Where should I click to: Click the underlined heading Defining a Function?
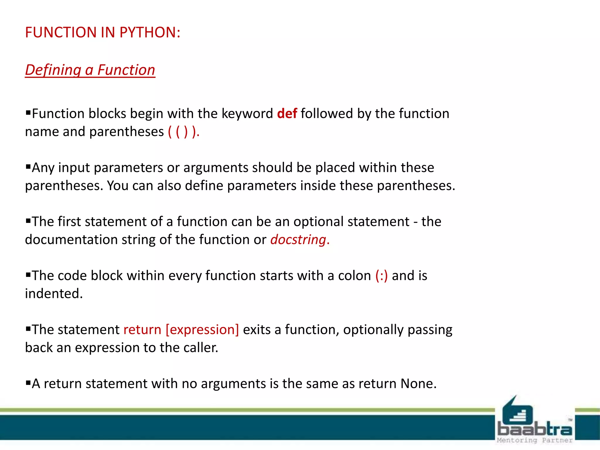point(90,70)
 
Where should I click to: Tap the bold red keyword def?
point(287,114)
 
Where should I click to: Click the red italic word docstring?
point(298,240)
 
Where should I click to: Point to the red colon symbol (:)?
point(381,276)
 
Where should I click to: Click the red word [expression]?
point(202,330)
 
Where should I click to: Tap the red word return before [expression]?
point(142,330)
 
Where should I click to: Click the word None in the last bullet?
point(418,383)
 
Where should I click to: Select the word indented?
point(54,294)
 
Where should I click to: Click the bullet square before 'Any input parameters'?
point(28,167)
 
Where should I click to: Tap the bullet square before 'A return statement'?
point(28,383)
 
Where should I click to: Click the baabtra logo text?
point(534,429)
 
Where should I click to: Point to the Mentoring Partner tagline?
point(534,440)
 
